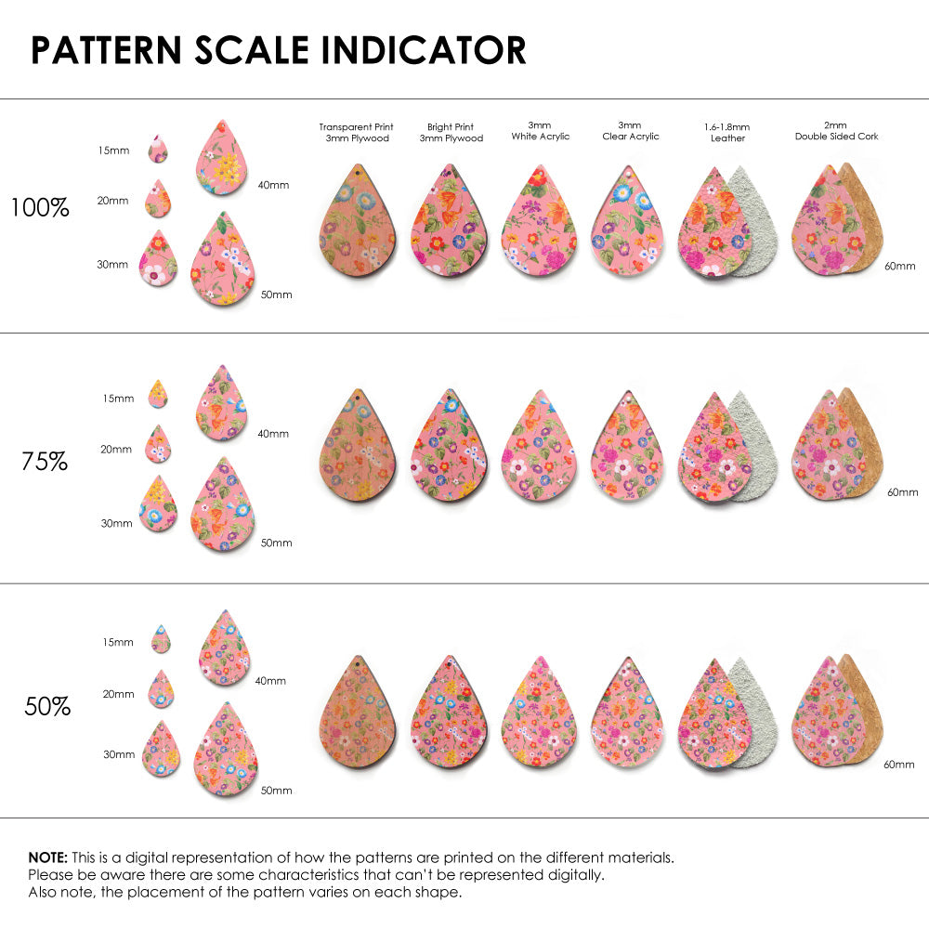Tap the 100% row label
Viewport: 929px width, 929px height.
[x=40, y=208]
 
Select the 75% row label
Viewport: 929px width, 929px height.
[x=45, y=461]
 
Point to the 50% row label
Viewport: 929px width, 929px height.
[x=47, y=707]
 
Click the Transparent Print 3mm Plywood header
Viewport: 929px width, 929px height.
[x=356, y=132]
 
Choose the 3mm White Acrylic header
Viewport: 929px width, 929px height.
[x=540, y=130]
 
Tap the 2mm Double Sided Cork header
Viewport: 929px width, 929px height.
[x=836, y=130]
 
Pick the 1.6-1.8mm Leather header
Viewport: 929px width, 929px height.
[x=727, y=132]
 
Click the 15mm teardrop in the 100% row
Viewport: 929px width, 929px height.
[x=158, y=149]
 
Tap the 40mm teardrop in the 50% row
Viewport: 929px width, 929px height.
[x=225, y=648]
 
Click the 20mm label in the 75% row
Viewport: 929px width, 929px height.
[x=116, y=450]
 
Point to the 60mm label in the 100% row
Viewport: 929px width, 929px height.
[x=901, y=267]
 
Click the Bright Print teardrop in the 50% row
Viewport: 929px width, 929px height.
[x=449, y=715]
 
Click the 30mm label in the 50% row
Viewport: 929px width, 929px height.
[x=118, y=754]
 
